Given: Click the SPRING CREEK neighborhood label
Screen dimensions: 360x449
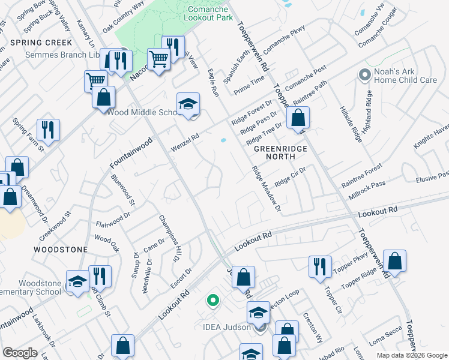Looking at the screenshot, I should (x=41, y=43).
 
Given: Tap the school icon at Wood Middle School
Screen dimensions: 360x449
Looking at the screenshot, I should (x=188, y=104).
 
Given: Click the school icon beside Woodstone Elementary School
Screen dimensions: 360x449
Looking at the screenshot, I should (x=77, y=281).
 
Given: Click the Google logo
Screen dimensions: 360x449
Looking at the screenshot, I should (x=20, y=353).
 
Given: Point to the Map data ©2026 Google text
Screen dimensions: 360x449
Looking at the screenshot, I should (x=412, y=355).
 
